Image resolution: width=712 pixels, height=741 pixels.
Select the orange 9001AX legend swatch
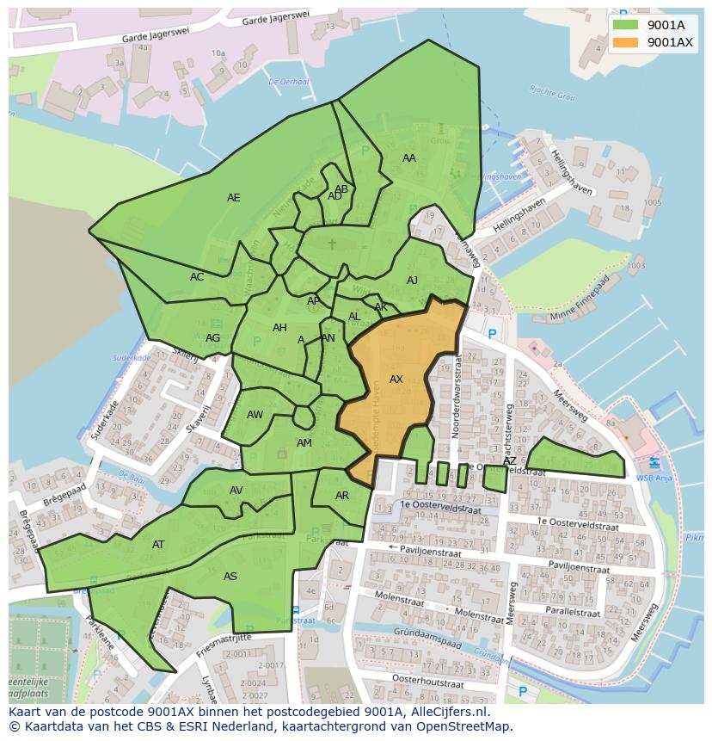[x=626, y=42]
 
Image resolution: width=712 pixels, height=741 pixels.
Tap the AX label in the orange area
[x=396, y=379]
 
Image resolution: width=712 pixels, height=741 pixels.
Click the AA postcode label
[x=409, y=157]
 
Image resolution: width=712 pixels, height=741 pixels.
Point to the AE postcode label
[x=233, y=197]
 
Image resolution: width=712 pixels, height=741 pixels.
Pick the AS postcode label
[x=230, y=576]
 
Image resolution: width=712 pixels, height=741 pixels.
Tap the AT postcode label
[x=158, y=544]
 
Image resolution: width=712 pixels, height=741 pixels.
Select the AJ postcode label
[x=412, y=280]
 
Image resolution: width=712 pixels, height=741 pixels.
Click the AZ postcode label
[x=510, y=460]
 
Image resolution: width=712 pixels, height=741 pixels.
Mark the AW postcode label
[x=255, y=414]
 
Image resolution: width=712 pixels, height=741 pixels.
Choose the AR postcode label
[x=342, y=495]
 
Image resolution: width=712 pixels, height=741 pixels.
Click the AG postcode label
[x=212, y=337]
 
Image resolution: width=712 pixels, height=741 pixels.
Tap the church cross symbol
[x=332, y=244]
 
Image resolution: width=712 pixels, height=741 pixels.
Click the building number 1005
[x=652, y=202]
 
